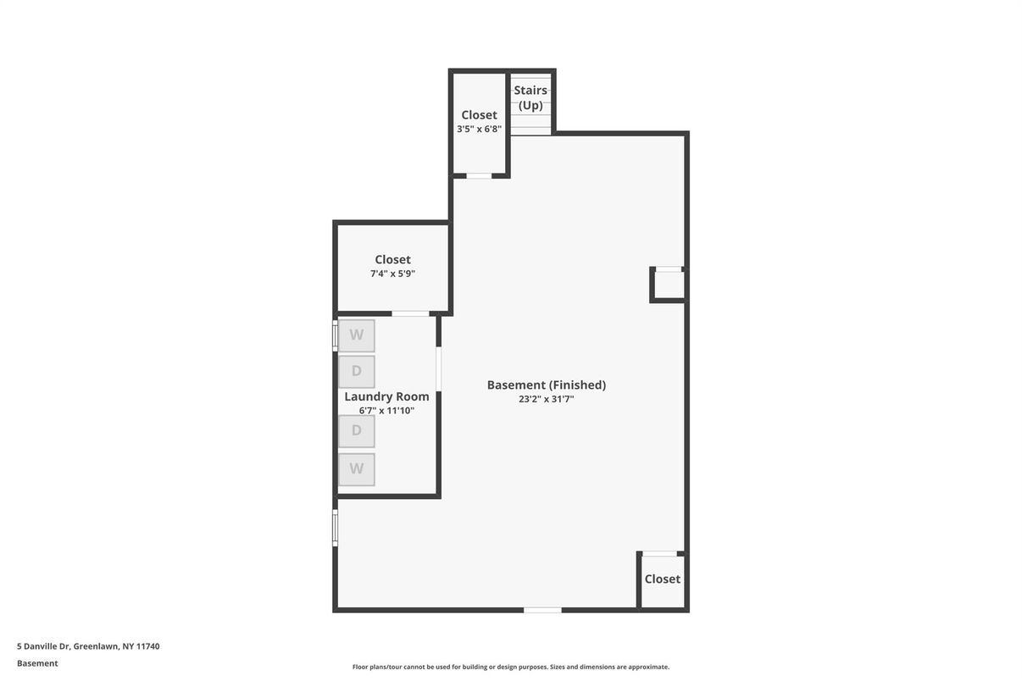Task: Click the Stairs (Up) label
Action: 530,97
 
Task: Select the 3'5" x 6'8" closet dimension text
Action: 479,129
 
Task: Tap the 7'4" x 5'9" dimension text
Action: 392,274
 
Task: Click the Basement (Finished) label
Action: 546,385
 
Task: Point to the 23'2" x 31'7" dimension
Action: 546,399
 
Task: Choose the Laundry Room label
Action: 386,397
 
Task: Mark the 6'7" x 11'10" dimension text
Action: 386,411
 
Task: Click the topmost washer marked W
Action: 357,335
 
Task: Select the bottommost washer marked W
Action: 357,469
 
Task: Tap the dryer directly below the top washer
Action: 357,372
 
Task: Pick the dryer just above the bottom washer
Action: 357,430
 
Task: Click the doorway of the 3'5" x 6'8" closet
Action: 479,175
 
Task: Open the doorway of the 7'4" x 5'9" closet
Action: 411,313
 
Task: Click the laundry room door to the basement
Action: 438,369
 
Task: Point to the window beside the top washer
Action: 335,335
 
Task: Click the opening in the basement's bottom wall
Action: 542,610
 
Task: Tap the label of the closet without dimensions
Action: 662,579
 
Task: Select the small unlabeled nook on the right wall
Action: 668,285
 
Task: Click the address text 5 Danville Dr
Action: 43,646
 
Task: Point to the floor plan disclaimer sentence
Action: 510,667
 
